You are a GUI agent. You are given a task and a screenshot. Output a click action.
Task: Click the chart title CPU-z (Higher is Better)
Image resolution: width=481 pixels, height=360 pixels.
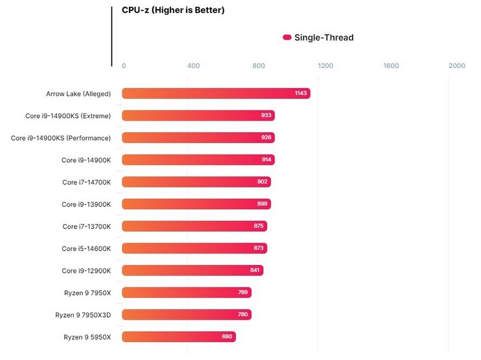pyautogui.click(x=173, y=10)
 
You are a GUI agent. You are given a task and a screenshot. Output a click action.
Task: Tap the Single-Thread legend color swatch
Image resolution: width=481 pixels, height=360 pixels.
pyautogui.click(x=287, y=37)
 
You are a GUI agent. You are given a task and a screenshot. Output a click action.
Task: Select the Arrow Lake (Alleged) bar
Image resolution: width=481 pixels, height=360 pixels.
pyautogui.click(x=215, y=94)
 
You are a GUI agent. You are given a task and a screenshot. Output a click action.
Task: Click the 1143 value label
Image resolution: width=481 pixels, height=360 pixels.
pyautogui.click(x=301, y=94)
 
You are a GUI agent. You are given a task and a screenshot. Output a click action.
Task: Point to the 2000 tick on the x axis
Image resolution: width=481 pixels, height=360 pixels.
pyautogui.click(x=457, y=65)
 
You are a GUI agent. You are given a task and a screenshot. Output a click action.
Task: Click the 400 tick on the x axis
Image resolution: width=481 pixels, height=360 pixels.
pyautogui.click(x=193, y=65)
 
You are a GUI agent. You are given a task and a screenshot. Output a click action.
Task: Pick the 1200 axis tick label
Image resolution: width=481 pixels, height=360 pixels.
pyautogui.click(x=325, y=65)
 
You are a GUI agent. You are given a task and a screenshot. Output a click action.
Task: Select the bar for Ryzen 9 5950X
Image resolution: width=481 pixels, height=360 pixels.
pyautogui.click(x=178, y=337)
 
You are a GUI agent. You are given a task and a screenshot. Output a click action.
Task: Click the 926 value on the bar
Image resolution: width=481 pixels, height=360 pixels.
pyautogui.click(x=267, y=138)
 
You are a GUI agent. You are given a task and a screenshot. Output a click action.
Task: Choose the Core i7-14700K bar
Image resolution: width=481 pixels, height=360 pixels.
pyautogui.click(x=196, y=182)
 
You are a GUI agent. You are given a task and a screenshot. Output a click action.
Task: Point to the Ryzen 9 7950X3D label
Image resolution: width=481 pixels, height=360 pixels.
pyautogui.click(x=83, y=314)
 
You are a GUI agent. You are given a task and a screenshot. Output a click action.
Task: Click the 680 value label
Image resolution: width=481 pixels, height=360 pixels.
pyautogui.click(x=228, y=337)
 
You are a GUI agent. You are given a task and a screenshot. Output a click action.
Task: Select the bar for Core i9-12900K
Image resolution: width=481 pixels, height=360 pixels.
pyautogui.click(x=192, y=270)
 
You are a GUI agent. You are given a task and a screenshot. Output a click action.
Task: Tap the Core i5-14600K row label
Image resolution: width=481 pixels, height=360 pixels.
pyautogui.click(x=87, y=248)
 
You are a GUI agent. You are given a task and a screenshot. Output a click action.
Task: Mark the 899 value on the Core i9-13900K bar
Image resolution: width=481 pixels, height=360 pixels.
pyautogui.click(x=263, y=204)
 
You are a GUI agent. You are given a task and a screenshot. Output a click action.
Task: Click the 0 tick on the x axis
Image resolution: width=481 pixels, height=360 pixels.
pyautogui.click(x=124, y=65)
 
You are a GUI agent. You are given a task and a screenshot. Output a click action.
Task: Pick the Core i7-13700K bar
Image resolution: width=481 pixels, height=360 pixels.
pyautogui.click(x=194, y=226)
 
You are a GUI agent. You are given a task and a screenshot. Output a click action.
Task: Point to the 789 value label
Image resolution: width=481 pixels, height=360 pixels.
pyautogui.click(x=244, y=293)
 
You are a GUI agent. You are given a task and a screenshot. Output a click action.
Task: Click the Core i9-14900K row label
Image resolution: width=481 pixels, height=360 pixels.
pyautogui.click(x=87, y=160)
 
